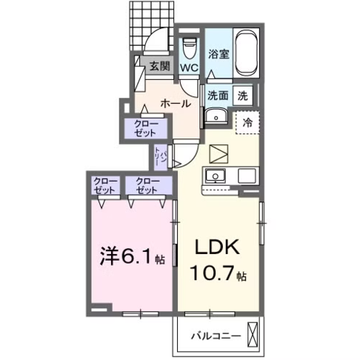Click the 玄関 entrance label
pyautogui.click(x=159, y=66)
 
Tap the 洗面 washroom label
pyautogui.click(x=217, y=95)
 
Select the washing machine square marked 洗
pyautogui.click(x=242, y=95)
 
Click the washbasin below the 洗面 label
pyautogui.click(x=215, y=116)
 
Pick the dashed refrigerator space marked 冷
pyautogui.click(x=246, y=123)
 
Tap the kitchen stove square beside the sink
pyautogui.click(x=246, y=176)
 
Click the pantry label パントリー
pyautogui.click(x=159, y=156)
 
